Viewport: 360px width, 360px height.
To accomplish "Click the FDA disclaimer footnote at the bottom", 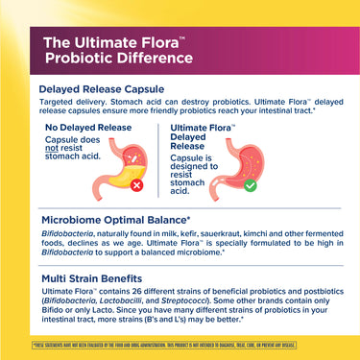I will [x=179, y=343].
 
